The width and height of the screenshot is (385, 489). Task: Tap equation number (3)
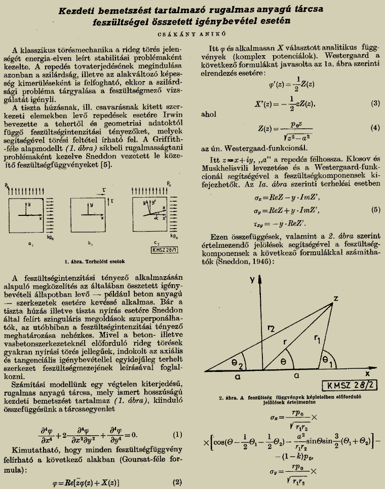[x=375, y=104]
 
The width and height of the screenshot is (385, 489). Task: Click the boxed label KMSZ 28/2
[x=350, y=386]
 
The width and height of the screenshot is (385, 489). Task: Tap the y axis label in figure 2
[x=252, y=280]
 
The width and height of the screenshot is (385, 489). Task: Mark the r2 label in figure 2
[x=272, y=329]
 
